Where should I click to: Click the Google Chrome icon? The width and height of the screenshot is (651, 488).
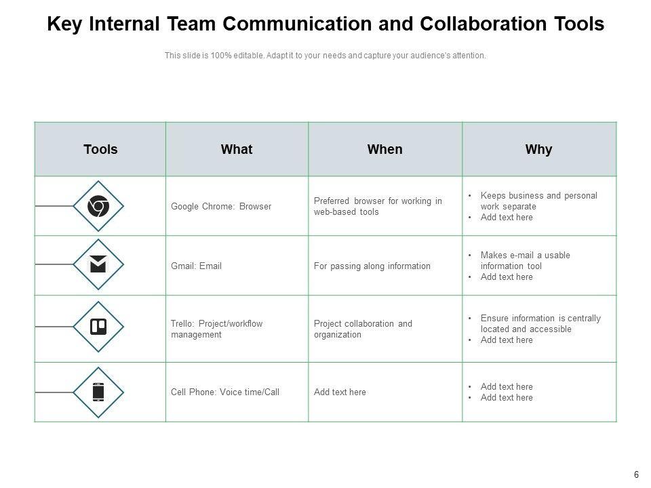pyautogui.click(x=98, y=206)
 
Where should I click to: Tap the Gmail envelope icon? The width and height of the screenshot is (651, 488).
pyautogui.click(x=98, y=265)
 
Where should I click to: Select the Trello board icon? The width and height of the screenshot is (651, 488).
pyautogui.click(x=98, y=327)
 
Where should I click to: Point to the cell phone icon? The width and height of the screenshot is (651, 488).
pyautogui.click(x=98, y=392)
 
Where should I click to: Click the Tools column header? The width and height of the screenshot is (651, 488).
pyautogui.click(x=100, y=149)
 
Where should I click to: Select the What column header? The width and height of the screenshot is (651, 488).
pyautogui.click(x=237, y=149)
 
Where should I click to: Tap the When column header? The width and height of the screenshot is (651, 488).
pyautogui.click(x=384, y=149)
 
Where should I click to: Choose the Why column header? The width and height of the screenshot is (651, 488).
pyautogui.click(x=538, y=149)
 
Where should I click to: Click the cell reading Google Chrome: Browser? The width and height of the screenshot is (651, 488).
pyautogui.click(x=221, y=207)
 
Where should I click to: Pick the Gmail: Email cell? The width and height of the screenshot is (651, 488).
pyautogui.click(x=196, y=266)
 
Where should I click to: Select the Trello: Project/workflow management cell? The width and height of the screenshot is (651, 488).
pyautogui.click(x=216, y=329)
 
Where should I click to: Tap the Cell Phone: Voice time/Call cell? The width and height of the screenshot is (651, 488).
pyautogui.click(x=225, y=392)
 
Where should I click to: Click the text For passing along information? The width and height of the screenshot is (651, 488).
pyautogui.click(x=372, y=266)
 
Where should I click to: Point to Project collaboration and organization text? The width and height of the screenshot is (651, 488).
pyautogui.click(x=363, y=329)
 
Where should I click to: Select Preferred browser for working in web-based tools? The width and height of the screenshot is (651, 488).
pyautogui.click(x=378, y=206)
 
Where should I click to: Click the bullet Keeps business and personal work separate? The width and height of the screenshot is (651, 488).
pyautogui.click(x=538, y=201)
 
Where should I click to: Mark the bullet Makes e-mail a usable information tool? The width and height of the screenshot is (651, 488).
pyautogui.click(x=525, y=260)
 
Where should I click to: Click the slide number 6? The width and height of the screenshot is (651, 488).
pyautogui.click(x=636, y=474)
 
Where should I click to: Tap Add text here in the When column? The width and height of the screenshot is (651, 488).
pyautogui.click(x=340, y=392)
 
